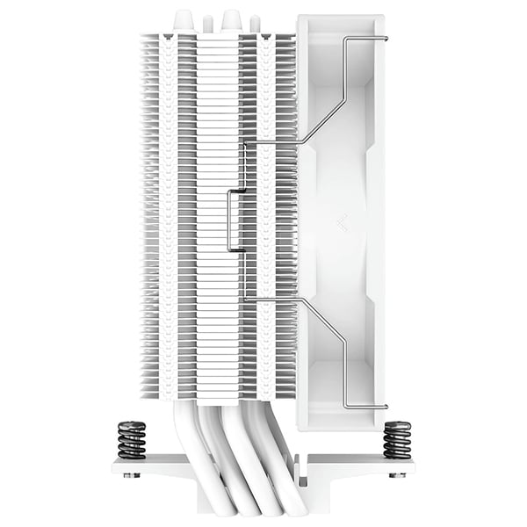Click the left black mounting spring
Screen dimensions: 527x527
[x=132, y=439]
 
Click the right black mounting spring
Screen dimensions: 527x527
[x=397, y=439]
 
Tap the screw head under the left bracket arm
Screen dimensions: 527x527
[x=131, y=474]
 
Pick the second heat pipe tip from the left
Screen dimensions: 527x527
[x=208, y=20]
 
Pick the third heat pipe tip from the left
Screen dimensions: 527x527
[x=233, y=18]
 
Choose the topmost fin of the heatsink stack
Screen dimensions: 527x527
[x=220, y=36]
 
